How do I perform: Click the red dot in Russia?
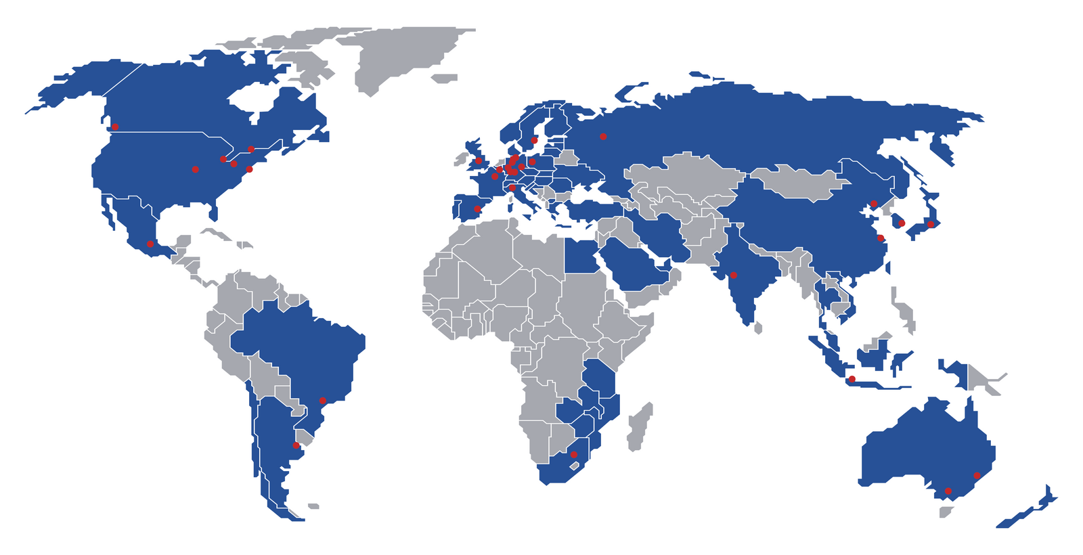pos(603,137)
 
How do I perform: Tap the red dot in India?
pos(733,275)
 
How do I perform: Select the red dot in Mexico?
pos(150,244)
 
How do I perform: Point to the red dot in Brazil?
pos(323,401)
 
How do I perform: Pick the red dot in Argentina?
pos(296,445)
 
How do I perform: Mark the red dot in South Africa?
pos(574,455)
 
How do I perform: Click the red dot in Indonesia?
pos(852,379)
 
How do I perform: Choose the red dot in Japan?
pos(931,224)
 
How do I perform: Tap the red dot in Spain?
pos(477,209)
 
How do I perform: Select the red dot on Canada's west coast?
pos(115,127)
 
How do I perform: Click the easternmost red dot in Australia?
pos(977,476)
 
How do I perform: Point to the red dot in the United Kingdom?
pos(479,161)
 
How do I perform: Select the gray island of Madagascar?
pos(639,426)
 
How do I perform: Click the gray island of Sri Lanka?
pos(757,328)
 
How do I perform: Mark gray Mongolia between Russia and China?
pos(799,181)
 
